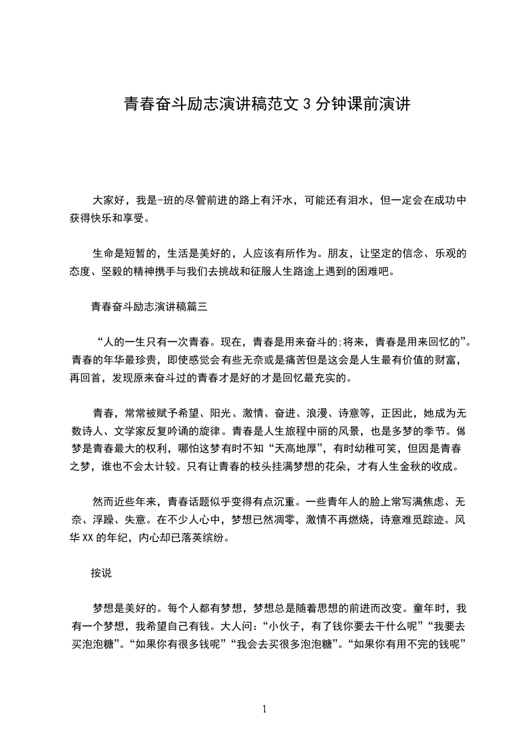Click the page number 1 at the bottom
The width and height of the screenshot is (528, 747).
coord(264,708)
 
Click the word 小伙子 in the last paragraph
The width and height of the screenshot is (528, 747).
coord(289,626)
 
